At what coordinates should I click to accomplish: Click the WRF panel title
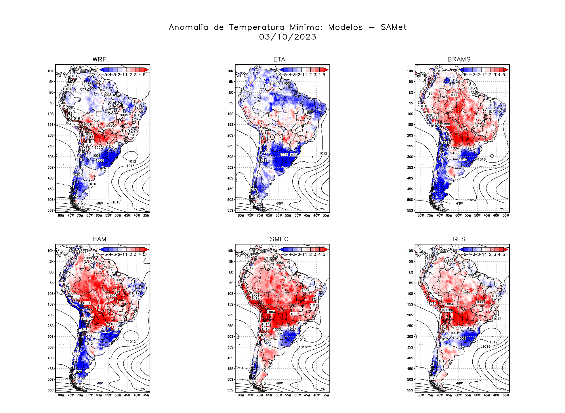tap(99, 59)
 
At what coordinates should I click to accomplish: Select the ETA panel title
tap(279, 59)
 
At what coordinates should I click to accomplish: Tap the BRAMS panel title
tap(459, 59)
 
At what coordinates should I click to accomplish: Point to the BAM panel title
tap(99, 239)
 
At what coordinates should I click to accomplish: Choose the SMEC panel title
tap(279, 239)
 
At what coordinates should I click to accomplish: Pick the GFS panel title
tap(459, 239)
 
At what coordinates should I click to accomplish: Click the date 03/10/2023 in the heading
tap(287, 37)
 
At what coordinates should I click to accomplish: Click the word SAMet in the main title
tap(393, 27)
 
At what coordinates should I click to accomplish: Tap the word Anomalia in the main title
tap(188, 27)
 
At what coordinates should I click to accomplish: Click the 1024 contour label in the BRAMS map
tap(472, 200)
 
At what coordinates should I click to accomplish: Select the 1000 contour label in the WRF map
tap(99, 148)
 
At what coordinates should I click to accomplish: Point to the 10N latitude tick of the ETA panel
tap(230, 71)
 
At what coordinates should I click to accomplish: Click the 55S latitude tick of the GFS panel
tap(410, 390)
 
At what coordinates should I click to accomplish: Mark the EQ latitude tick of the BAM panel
tap(51, 272)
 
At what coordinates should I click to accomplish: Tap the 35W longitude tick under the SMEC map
tap(326, 395)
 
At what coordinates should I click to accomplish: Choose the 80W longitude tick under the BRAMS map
tap(421, 215)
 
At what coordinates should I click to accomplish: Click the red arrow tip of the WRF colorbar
tap(146, 70)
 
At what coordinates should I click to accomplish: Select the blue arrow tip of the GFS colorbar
tap(461, 249)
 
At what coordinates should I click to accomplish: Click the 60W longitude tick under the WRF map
tap(99, 215)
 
